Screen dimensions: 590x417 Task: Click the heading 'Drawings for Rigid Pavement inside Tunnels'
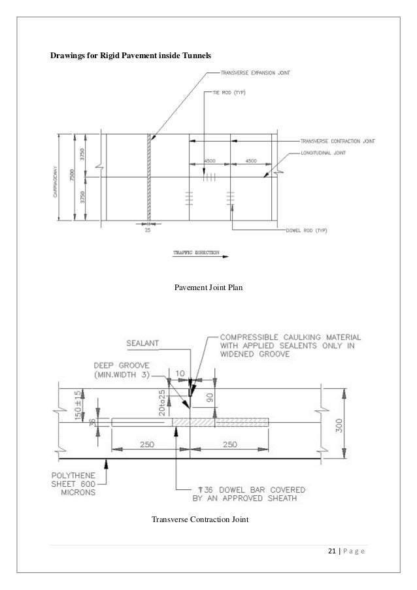(131, 57)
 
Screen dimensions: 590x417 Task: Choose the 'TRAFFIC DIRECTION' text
(196, 252)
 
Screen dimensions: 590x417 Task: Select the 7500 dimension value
(75, 177)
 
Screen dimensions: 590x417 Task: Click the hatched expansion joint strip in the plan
(150, 177)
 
